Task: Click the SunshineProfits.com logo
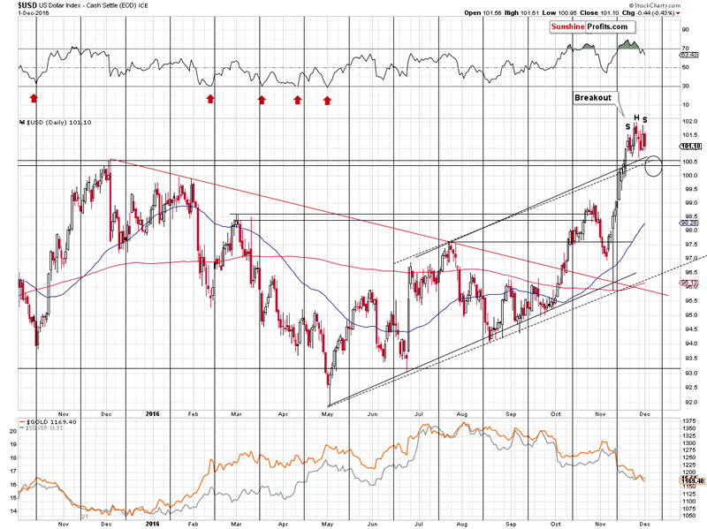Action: [590, 27]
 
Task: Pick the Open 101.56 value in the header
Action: [481, 13]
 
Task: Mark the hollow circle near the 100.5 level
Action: [654, 165]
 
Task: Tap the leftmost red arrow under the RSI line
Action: [34, 98]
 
